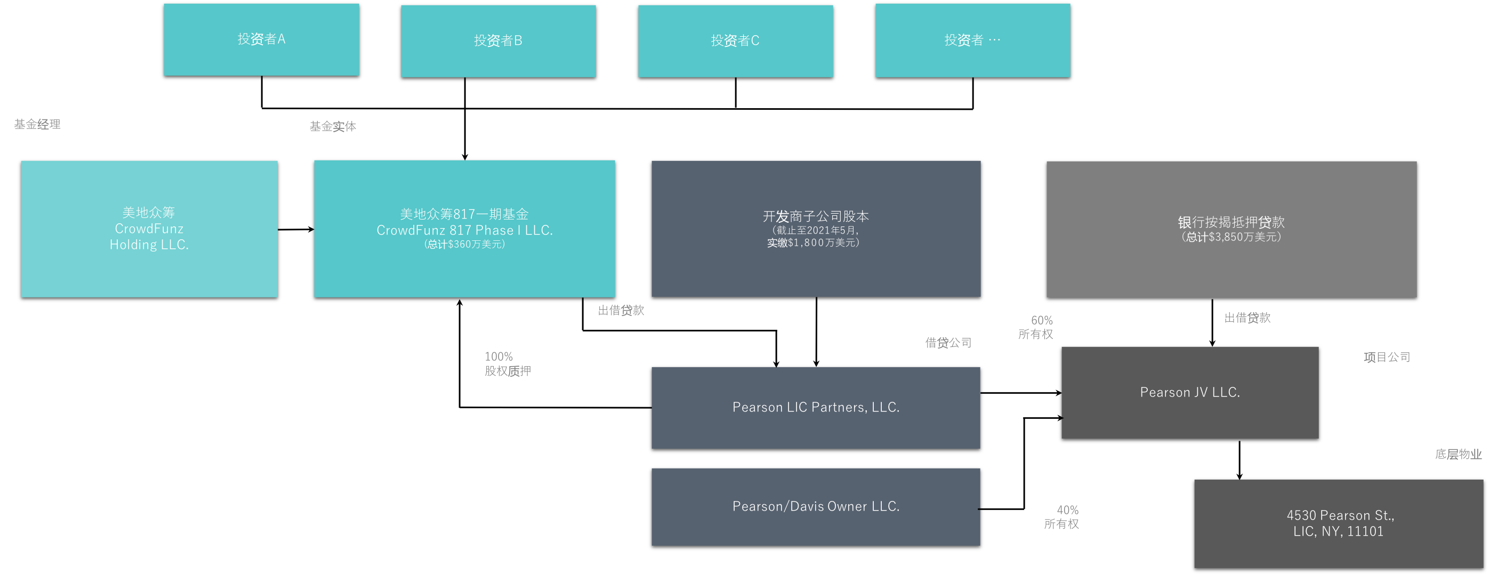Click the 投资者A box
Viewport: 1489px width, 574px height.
pos(261,39)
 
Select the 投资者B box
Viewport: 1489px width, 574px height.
pos(498,41)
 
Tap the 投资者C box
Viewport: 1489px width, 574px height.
pos(735,41)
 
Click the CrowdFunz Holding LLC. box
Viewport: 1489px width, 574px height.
pos(149,229)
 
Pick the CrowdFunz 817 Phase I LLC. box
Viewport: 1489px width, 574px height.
pos(464,229)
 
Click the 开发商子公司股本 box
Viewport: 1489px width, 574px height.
pos(816,229)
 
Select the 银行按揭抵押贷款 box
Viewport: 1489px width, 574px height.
pos(1231,230)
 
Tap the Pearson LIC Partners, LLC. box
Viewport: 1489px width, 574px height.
pos(816,408)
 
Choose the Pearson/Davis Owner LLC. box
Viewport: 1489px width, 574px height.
pos(816,507)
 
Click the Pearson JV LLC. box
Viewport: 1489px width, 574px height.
pos(1189,392)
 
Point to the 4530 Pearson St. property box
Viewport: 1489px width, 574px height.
pos(1339,524)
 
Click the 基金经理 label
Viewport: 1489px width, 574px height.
pos(37,124)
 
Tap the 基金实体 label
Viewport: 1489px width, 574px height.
pos(333,126)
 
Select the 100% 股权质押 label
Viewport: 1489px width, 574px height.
pos(508,363)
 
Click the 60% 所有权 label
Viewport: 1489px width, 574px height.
pos(1036,327)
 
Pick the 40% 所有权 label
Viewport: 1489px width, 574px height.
pos(1061,517)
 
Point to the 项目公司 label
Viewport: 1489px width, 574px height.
pos(1387,357)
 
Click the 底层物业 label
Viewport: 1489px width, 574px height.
pos(1459,454)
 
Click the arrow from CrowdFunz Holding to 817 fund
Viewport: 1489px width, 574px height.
pos(296,230)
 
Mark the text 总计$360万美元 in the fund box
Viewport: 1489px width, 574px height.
pos(464,245)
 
